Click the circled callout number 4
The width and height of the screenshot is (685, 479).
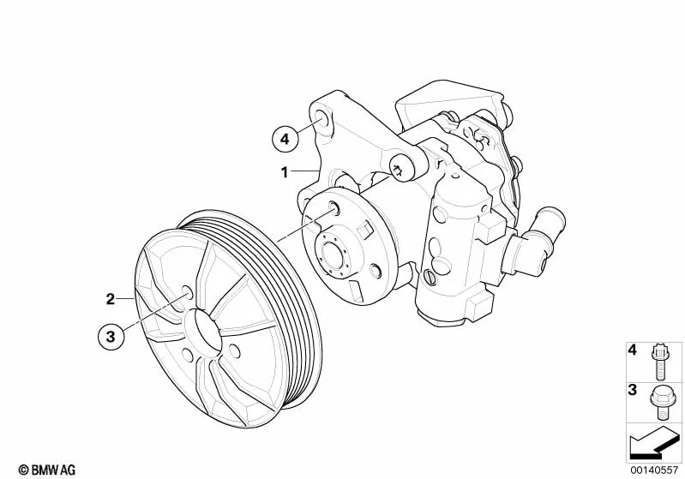point(285,139)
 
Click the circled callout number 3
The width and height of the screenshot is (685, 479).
point(111,336)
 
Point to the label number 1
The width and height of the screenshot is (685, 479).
point(285,172)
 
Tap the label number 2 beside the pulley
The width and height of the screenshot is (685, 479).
point(110,299)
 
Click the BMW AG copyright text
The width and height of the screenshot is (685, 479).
point(47,470)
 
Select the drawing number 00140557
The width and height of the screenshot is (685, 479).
point(653,470)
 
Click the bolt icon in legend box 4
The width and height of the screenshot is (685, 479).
point(659,362)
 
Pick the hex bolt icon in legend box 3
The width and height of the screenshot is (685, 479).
point(659,402)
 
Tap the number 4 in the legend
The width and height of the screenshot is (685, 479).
point(633,350)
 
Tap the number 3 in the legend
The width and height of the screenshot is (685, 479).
point(633,390)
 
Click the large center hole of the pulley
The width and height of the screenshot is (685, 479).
point(204,330)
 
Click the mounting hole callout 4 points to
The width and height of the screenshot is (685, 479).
point(323,118)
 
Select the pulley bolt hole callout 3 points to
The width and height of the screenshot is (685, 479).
point(187,292)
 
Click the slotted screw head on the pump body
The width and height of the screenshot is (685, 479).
point(429,277)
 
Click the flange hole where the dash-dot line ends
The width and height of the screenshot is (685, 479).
point(333,207)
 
